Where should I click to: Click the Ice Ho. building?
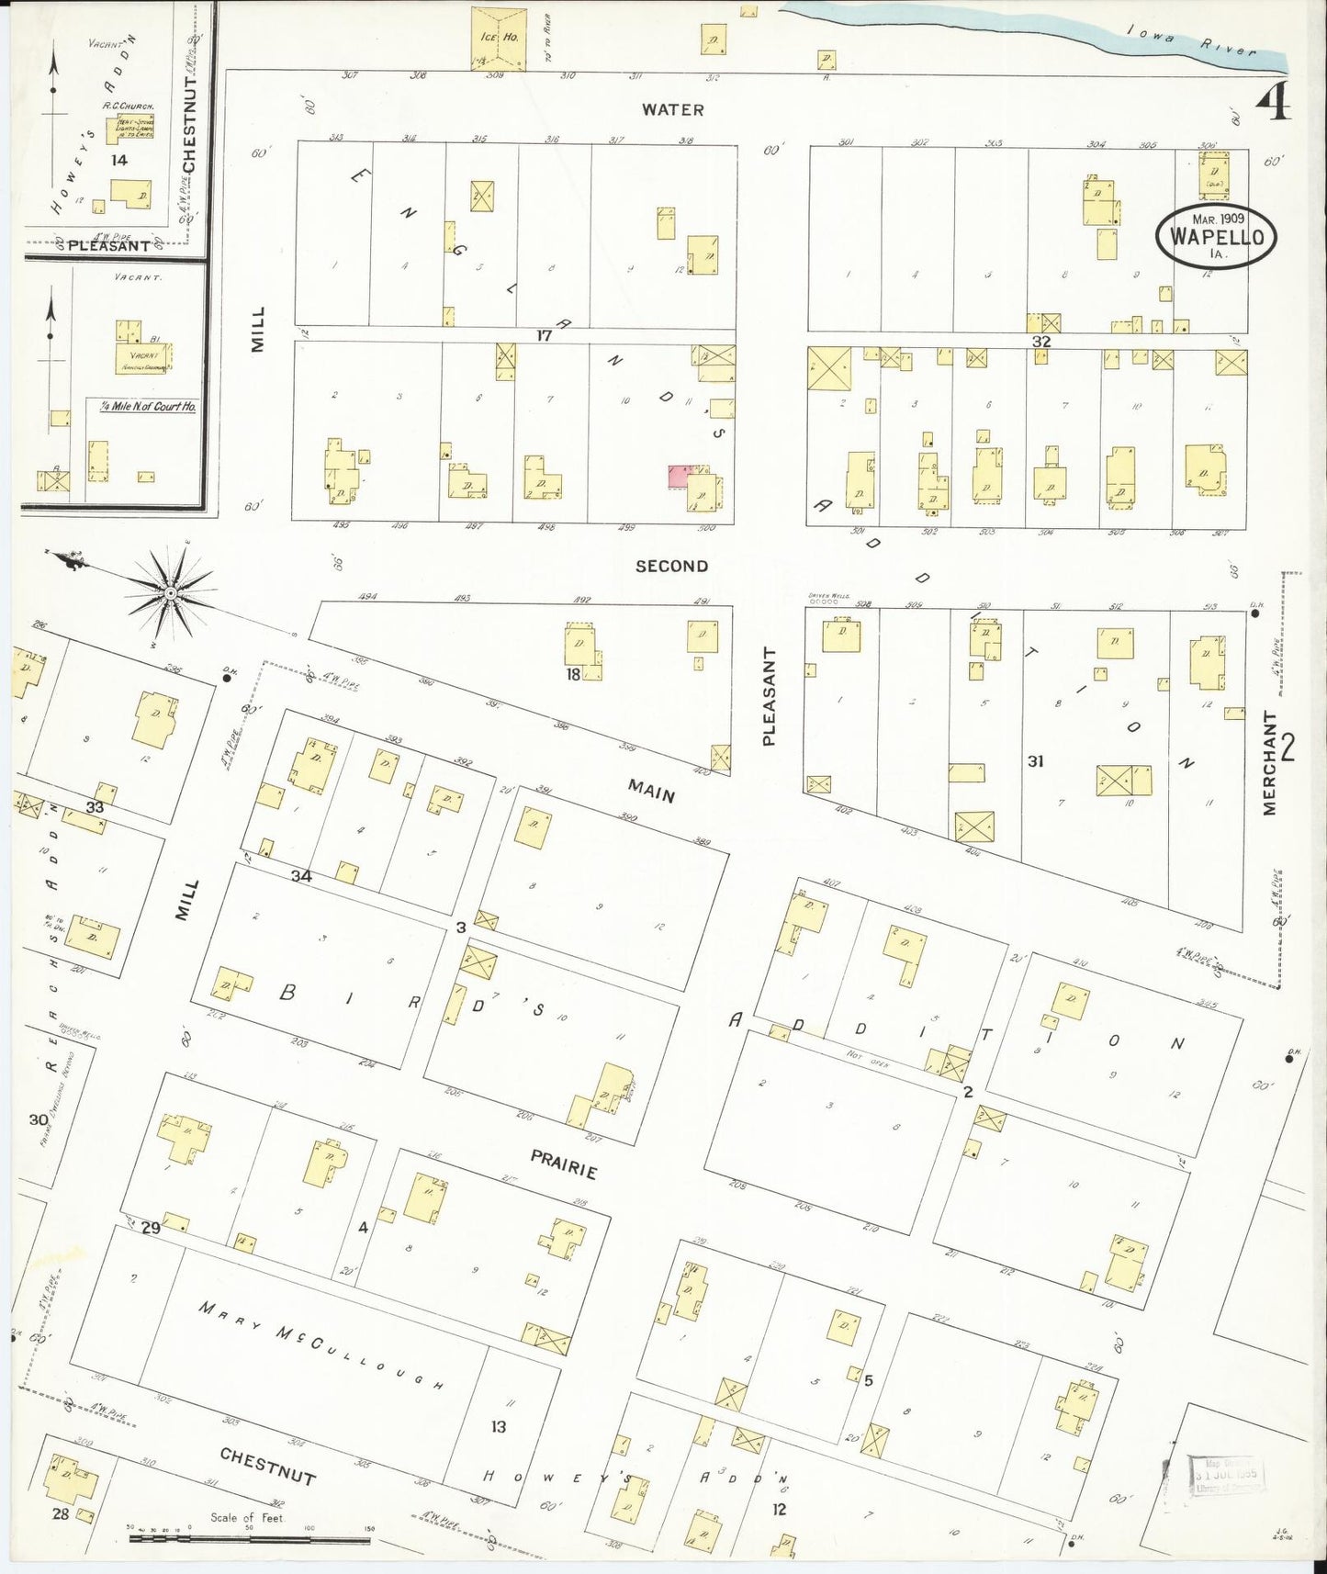(x=499, y=39)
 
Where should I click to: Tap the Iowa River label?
(x=1191, y=41)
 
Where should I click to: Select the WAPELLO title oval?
(x=1216, y=236)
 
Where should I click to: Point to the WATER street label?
(x=672, y=109)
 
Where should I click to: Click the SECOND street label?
(x=671, y=566)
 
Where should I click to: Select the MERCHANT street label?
(x=1270, y=763)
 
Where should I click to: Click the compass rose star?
(x=171, y=593)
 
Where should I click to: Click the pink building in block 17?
(x=678, y=476)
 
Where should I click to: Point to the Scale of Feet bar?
(x=249, y=1537)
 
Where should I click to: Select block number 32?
(x=1040, y=341)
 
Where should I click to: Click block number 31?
(x=1035, y=760)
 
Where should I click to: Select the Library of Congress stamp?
(x=1228, y=1476)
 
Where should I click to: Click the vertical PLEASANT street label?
(x=769, y=695)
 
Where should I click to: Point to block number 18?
(x=573, y=675)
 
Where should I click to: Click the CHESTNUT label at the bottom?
(x=267, y=1465)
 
